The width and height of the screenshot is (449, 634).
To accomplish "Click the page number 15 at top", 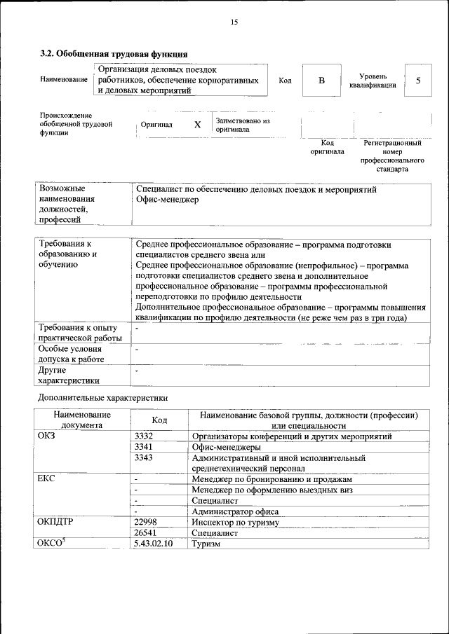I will [234, 22].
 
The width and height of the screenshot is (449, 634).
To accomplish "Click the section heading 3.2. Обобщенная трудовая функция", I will [113, 53].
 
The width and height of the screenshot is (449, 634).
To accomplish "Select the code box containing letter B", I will [321, 81].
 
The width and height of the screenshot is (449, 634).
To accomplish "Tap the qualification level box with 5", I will [418, 81].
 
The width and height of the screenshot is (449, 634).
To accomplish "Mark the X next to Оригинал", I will [197, 124].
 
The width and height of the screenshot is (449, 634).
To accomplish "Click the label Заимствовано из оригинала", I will [243, 125].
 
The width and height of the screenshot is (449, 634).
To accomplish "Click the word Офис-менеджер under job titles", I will [168, 200].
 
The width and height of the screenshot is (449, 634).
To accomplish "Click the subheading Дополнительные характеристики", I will [102, 397].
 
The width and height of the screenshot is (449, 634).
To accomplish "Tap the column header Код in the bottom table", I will [159, 420].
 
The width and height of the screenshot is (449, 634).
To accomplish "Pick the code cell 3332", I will [145, 436].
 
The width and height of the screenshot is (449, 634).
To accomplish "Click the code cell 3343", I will [145, 457].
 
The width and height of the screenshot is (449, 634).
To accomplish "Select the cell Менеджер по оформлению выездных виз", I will [272, 490].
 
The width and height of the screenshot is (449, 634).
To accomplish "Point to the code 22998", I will [146, 522].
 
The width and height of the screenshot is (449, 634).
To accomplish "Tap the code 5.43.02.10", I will [154, 543].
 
